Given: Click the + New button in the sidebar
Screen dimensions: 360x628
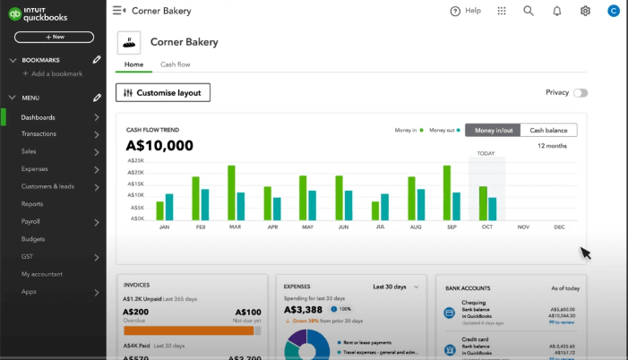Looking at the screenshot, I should pyautogui.click(x=54, y=37).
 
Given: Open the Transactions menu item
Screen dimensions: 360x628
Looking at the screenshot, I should pyautogui.click(x=39, y=134).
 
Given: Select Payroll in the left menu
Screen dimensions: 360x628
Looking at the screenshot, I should pyautogui.click(x=30, y=221).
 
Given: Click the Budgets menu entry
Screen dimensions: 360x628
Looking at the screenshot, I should pyautogui.click(x=33, y=239).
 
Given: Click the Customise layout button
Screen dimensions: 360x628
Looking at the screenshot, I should pyautogui.click(x=163, y=93).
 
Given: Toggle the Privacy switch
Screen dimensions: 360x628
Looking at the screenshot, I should pyautogui.click(x=580, y=93).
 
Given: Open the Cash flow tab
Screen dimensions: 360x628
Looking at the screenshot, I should pyautogui.click(x=175, y=64).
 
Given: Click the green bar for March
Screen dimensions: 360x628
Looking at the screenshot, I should pyautogui.click(x=232, y=193).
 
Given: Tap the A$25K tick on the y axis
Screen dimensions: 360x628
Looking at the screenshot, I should pyautogui.click(x=135, y=161).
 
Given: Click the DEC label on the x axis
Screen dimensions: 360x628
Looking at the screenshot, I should pyautogui.click(x=560, y=227).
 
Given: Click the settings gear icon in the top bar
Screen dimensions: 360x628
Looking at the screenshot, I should pyautogui.click(x=585, y=11).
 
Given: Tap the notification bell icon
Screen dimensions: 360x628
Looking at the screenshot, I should pyautogui.click(x=557, y=11).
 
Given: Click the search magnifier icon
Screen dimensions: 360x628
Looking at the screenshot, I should pyautogui.click(x=529, y=11).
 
